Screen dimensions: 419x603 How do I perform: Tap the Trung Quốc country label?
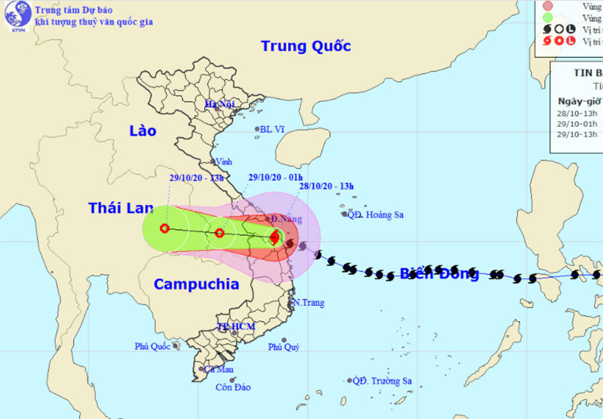pyautogui.click(x=306, y=46)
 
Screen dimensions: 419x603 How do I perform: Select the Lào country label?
pyautogui.click(x=142, y=131)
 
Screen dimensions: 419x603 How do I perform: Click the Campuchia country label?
pyautogui.click(x=196, y=284)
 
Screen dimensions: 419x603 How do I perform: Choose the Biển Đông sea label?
pyautogui.click(x=439, y=273)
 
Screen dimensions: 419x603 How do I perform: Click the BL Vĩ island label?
pyautogui.click(x=273, y=129)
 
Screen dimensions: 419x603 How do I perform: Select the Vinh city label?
pyautogui.click(x=224, y=161)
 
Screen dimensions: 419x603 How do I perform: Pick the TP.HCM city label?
pyautogui.click(x=236, y=327)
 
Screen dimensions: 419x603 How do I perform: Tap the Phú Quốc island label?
pyautogui.click(x=153, y=347)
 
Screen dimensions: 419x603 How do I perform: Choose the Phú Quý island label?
pyautogui.click(x=283, y=347)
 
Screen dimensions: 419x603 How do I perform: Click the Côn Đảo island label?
pyautogui.click(x=232, y=388)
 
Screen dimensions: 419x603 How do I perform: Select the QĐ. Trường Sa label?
pyautogui.click(x=384, y=381)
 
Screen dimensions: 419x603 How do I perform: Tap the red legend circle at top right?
pyautogui.click(x=548, y=6)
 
